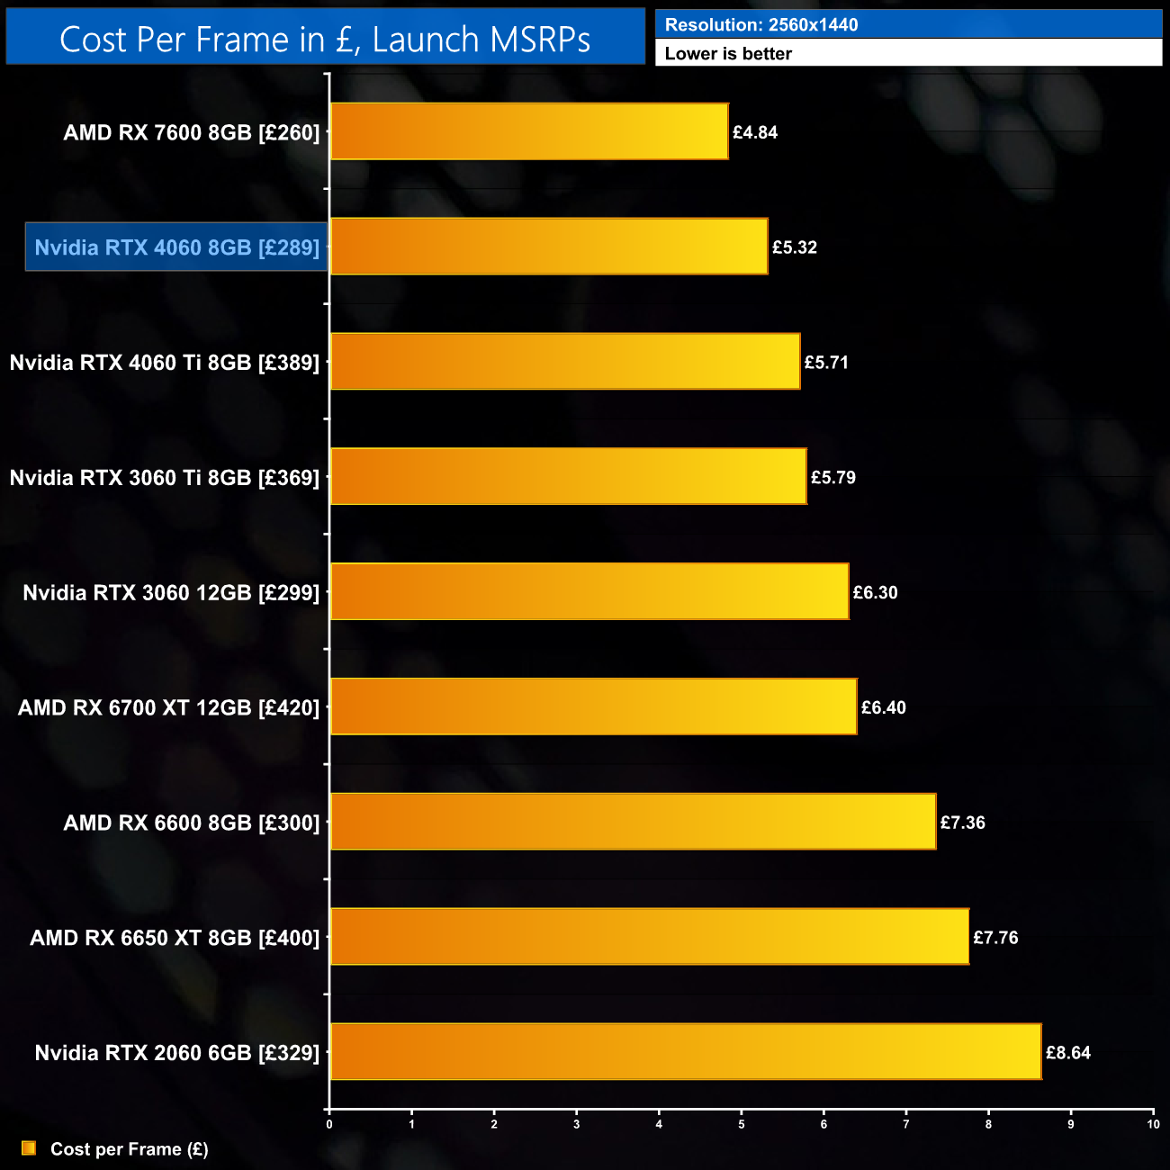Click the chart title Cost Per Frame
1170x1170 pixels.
point(325,40)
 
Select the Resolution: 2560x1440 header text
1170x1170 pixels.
point(760,25)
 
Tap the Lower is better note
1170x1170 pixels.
point(728,54)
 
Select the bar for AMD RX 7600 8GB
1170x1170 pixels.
point(529,131)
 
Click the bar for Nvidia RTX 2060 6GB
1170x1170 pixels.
point(686,1051)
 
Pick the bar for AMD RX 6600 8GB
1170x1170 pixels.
point(633,821)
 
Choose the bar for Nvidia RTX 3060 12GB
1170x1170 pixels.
point(589,591)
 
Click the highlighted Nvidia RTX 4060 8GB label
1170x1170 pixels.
point(176,247)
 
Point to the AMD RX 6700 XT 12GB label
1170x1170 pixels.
point(168,707)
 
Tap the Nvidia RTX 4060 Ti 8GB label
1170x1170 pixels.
point(165,363)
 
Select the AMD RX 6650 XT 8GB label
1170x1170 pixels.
point(175,938)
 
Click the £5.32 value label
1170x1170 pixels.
point(795,247)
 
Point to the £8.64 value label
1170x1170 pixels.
point(1068,1053)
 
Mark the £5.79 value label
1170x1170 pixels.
point(833,478)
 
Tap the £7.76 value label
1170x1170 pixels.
point(995,938)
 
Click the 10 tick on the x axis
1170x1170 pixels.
point(1153,1124)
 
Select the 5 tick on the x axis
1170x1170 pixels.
point(742,1124)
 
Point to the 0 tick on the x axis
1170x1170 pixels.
point(329,1124)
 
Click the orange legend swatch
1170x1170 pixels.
point(29,1148)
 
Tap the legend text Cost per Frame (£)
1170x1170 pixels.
point(130,1149)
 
